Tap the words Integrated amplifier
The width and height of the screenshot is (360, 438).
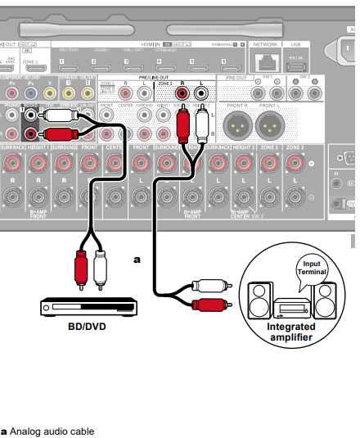click(x=290, y=332)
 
